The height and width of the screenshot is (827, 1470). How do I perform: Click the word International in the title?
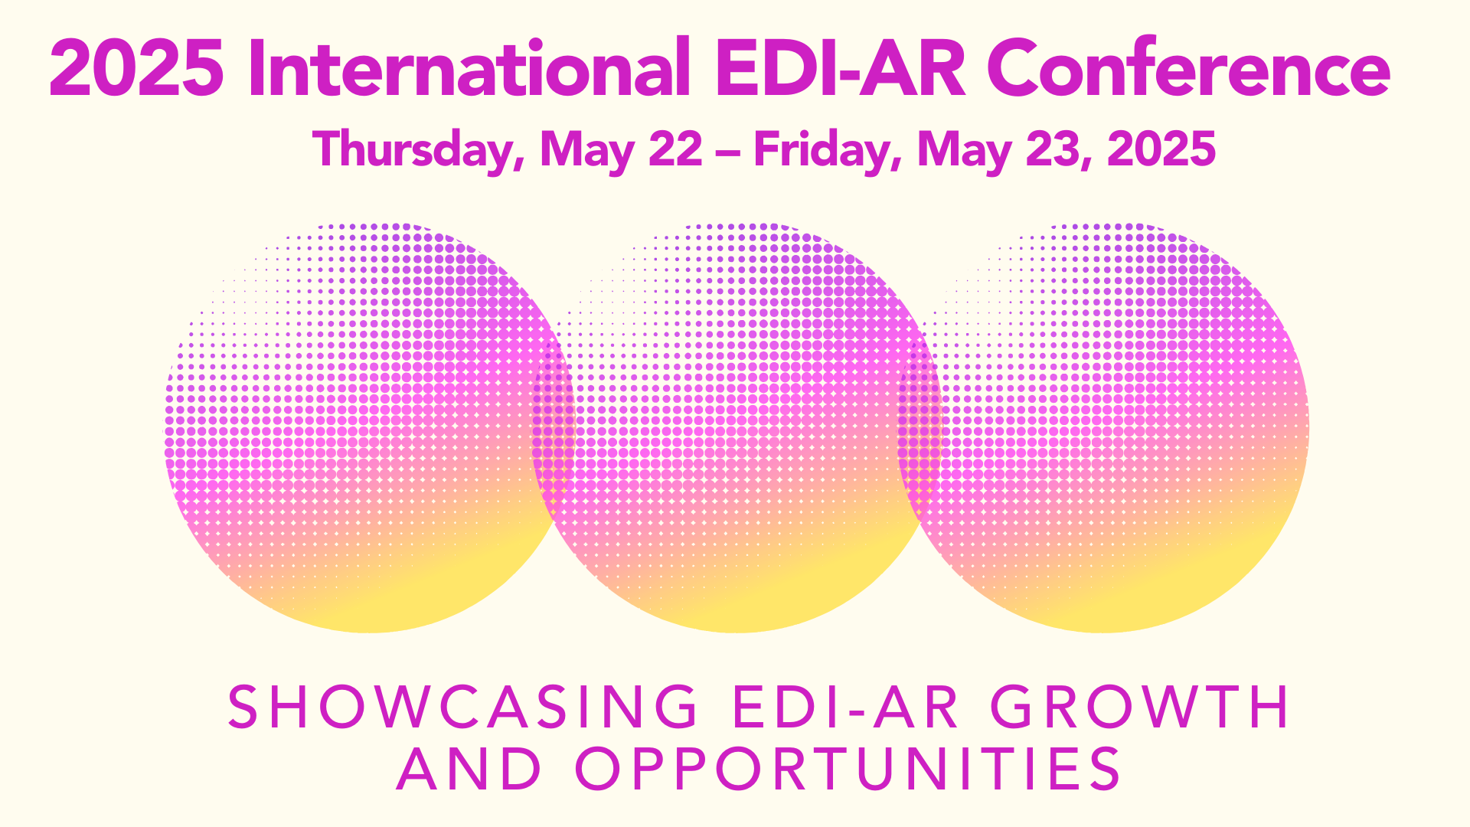coord(470,67)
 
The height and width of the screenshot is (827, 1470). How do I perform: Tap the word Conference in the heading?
coord(1188,68)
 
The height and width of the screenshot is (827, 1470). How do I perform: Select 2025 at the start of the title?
coord(137,68)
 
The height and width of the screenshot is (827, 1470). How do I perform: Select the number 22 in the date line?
coord(675,149)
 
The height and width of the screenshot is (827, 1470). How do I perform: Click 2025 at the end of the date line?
coord(1161,149)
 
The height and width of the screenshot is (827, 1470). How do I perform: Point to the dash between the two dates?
coord(728,152)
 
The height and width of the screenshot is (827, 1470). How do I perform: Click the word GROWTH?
coord(1141,706)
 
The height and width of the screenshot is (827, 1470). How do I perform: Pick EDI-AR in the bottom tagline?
coord(845,706)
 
